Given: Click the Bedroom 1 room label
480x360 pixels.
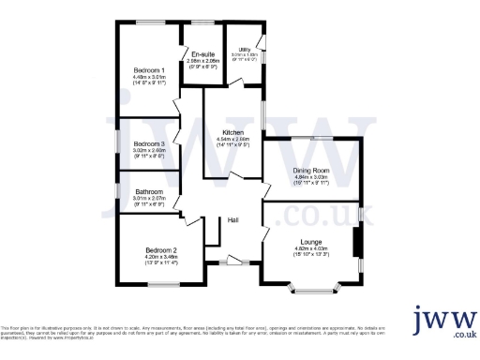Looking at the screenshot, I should [x=149, y=70].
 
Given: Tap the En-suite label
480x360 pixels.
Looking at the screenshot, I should [x=202, y=54].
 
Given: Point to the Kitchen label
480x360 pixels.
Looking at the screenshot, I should [x=233, y=132].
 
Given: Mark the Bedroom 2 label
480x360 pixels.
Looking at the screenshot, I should [x=161, y=249].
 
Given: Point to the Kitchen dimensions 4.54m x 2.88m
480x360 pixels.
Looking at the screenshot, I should [x=233, y=139].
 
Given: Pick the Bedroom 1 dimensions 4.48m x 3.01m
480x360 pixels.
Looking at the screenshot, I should [x=149, y=77].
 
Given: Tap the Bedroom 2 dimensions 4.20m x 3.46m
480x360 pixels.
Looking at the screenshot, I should [x=161, y=256].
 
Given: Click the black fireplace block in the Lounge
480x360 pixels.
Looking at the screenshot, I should [x=356, y=243].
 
